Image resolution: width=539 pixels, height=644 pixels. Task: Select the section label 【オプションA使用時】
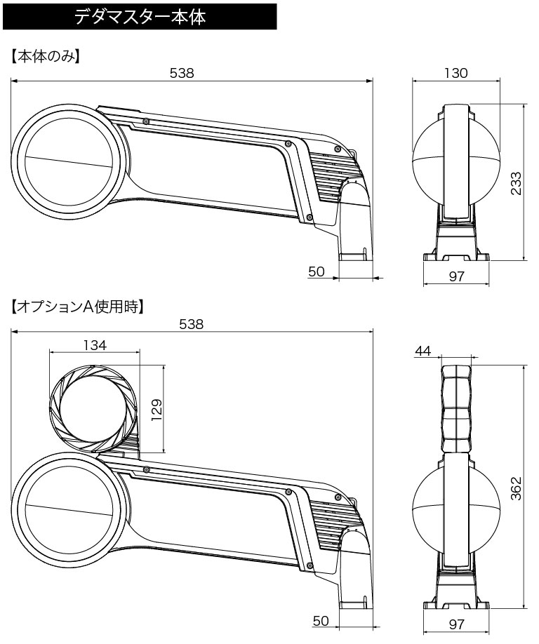pos(77,307)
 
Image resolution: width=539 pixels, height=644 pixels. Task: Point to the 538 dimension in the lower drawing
pos(190,324)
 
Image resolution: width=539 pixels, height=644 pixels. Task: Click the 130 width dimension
pos(455,73)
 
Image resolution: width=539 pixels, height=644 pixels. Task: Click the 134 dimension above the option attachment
pos(94,345)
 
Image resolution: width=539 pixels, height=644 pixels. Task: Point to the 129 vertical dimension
pos(156,409)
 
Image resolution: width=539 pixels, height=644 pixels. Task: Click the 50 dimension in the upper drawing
pos(317,271)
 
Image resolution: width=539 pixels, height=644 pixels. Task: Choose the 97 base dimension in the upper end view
pos(456,276)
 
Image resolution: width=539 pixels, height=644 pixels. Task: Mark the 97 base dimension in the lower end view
pos(456,623)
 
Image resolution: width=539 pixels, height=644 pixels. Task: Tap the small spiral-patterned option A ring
pos(94,409)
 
